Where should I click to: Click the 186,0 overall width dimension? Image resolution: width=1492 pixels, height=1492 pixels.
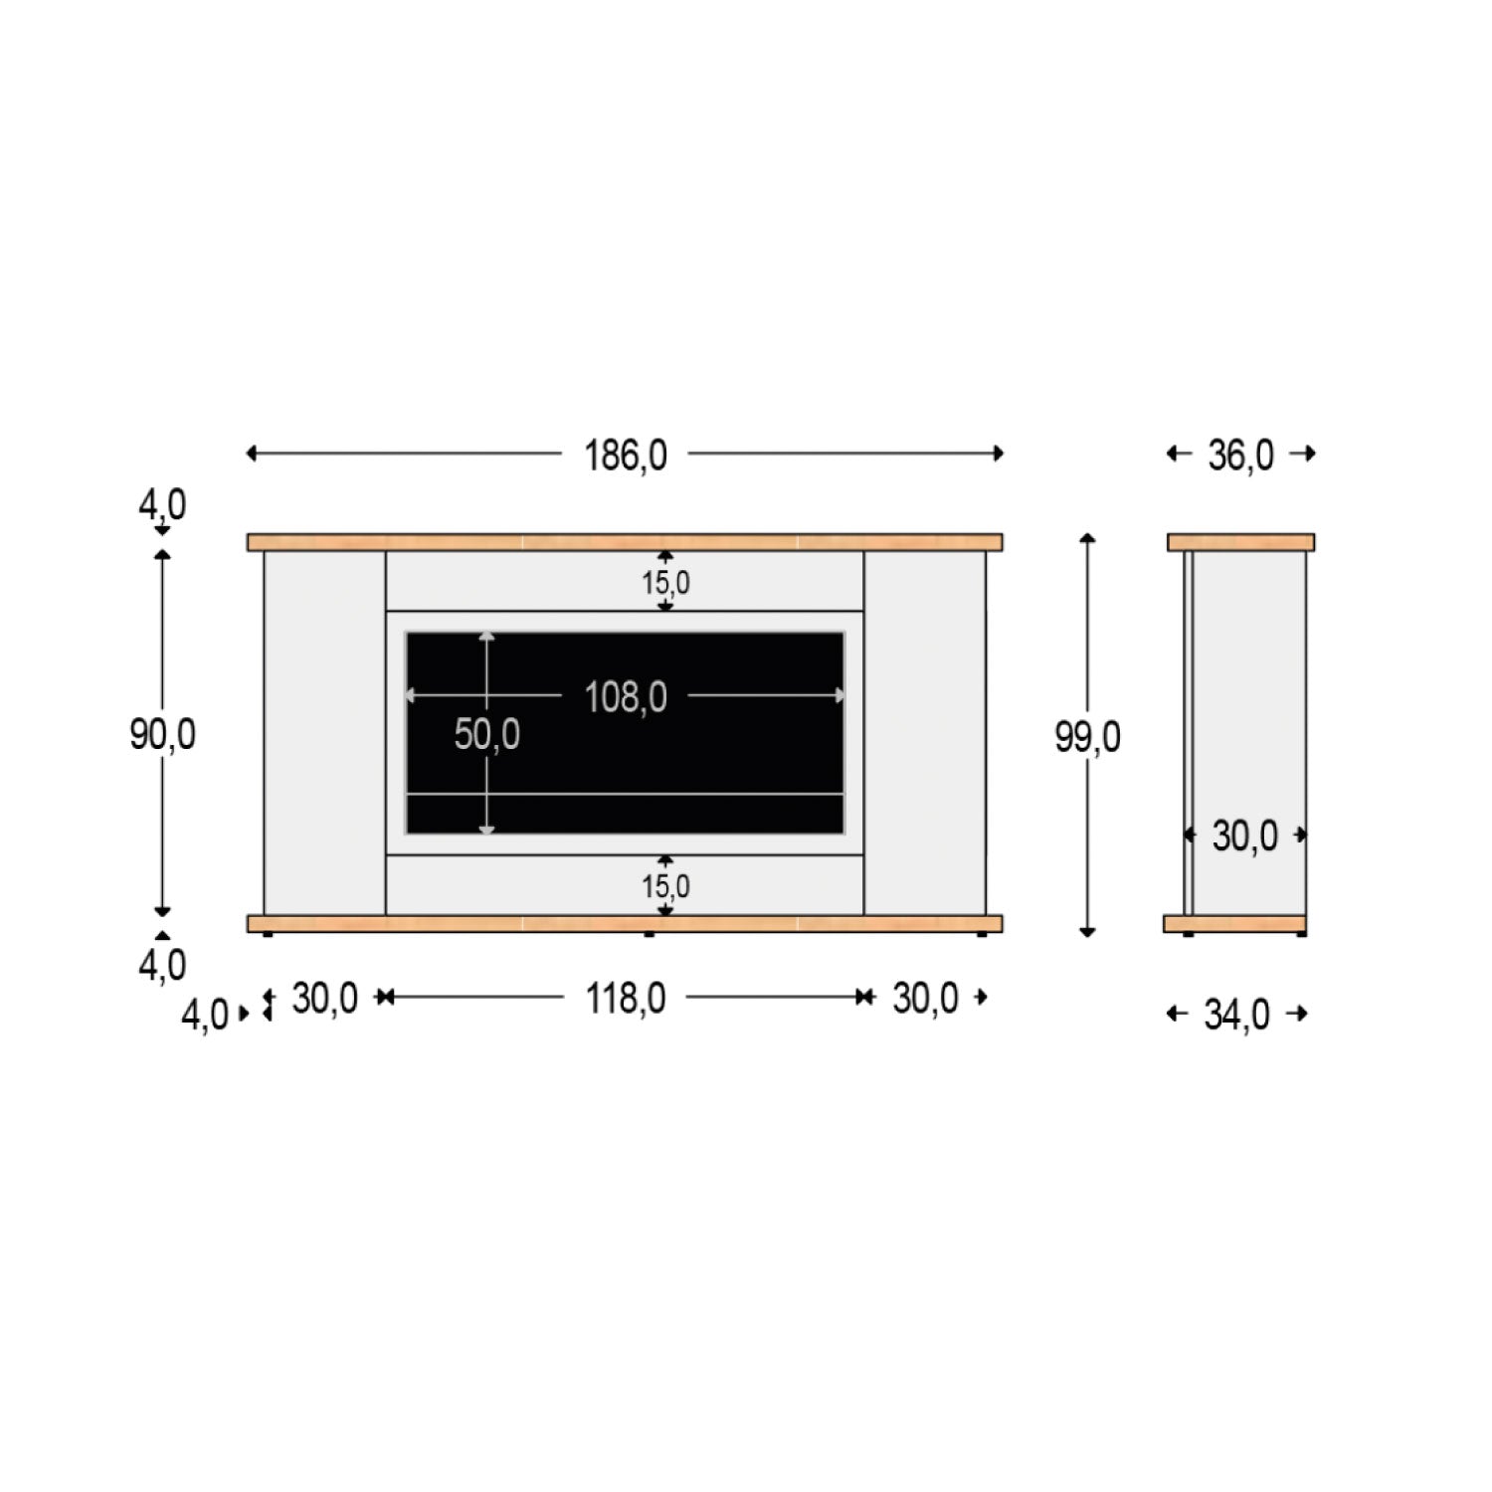tap(625, 456)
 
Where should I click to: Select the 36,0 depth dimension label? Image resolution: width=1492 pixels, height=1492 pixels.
tap(1240, 456)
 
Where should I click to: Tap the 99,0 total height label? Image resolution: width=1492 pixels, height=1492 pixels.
tap(1087, 737)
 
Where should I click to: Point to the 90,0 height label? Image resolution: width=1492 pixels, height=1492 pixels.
tap(162, 735)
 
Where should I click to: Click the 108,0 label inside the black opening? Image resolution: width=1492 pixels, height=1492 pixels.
tap(625, 697)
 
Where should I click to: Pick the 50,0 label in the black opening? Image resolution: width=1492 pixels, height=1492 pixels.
tap(486, 735)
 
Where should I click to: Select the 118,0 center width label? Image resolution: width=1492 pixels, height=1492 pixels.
tap(625, 998)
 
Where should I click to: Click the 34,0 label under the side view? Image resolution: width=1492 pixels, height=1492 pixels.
tap(1236, 1016)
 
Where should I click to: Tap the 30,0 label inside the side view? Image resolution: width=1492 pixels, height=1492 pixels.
tap(1244, 837)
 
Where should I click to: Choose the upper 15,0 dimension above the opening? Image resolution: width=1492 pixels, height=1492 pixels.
tap(665, 582)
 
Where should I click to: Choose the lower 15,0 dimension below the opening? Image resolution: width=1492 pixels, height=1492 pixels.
tap(665, 885)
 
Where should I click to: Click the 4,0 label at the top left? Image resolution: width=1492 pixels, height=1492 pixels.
tap(162, 505)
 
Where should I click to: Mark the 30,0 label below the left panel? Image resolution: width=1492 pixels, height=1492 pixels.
tap(324, 998)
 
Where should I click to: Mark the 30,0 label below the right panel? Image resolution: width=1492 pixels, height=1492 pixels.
tap(925, 998)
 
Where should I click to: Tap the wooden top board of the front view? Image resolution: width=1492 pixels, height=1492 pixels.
tap(625, 542)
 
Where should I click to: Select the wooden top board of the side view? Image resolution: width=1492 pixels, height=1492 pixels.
tap(1240, 542)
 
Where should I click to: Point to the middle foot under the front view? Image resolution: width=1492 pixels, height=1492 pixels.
tap(650, 934)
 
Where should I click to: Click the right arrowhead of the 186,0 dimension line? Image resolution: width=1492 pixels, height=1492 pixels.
tap(999, 454)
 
